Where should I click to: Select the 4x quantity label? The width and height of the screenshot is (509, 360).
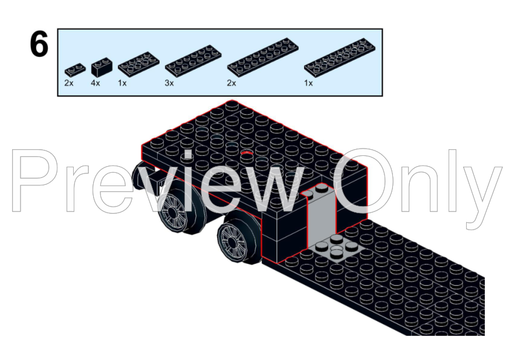tap(96, 83)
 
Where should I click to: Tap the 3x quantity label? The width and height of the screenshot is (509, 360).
tap(169, 83)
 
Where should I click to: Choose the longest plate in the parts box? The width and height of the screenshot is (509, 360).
tap(337, 58)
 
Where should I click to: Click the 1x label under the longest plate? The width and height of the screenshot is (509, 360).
tap(309, 83)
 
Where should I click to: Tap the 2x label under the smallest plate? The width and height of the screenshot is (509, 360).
tap(69, 83)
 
